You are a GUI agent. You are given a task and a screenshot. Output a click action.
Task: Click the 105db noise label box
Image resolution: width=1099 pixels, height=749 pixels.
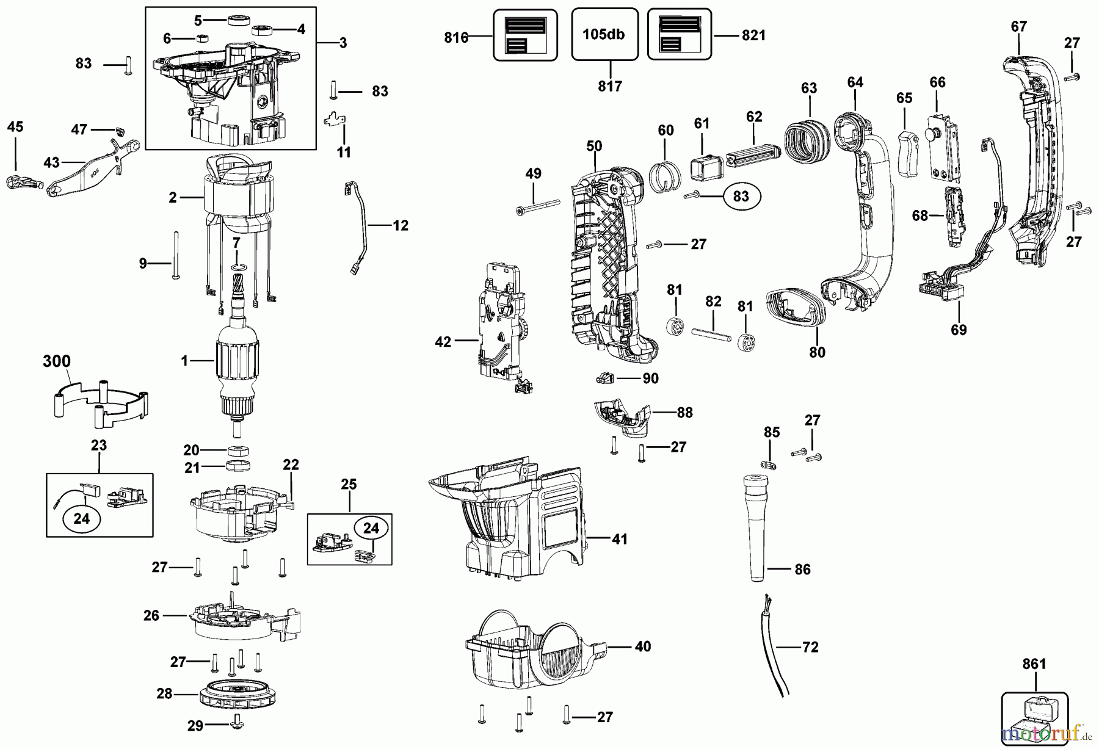point(604,34)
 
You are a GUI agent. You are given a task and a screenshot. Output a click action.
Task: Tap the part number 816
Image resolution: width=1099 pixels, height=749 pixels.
point(455,38)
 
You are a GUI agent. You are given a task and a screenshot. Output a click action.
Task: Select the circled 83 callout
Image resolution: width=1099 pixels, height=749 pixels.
point(741,197)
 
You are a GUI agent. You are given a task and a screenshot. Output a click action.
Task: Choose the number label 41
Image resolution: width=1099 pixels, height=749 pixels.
point(619,540)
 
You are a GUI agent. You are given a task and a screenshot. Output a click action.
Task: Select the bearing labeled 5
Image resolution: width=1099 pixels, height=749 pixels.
point(236,21)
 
